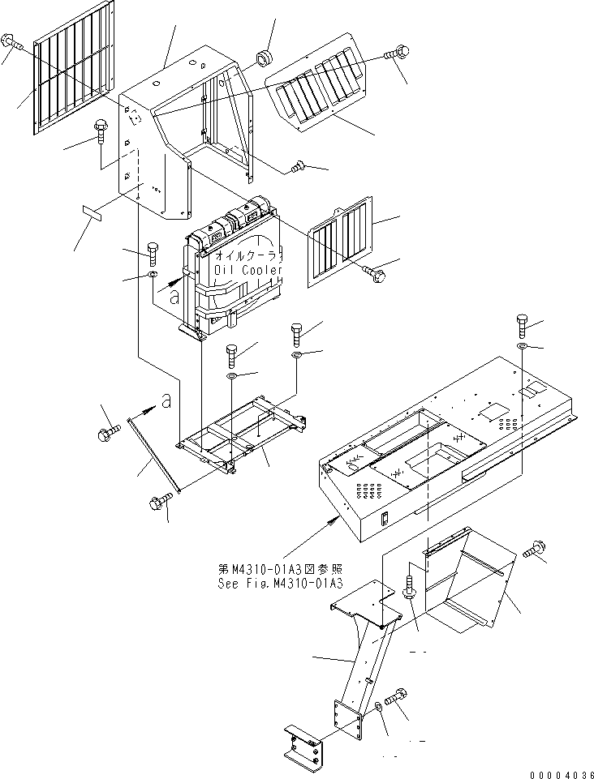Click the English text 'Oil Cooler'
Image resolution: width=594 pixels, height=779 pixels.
[248, 270]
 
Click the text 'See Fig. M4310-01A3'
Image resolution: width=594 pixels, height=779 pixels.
[281, 584]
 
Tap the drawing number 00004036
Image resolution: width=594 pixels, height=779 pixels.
[562, 774]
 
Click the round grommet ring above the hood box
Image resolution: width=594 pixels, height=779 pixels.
[263, 57]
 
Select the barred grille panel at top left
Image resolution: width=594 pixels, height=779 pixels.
[74, 66]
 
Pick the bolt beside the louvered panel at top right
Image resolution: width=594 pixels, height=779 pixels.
[397, 52]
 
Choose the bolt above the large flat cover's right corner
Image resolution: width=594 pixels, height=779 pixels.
[522, 325]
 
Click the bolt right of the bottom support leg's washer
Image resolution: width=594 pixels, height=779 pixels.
[396, 696]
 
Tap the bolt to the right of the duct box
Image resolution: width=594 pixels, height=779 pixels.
[534, 550]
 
